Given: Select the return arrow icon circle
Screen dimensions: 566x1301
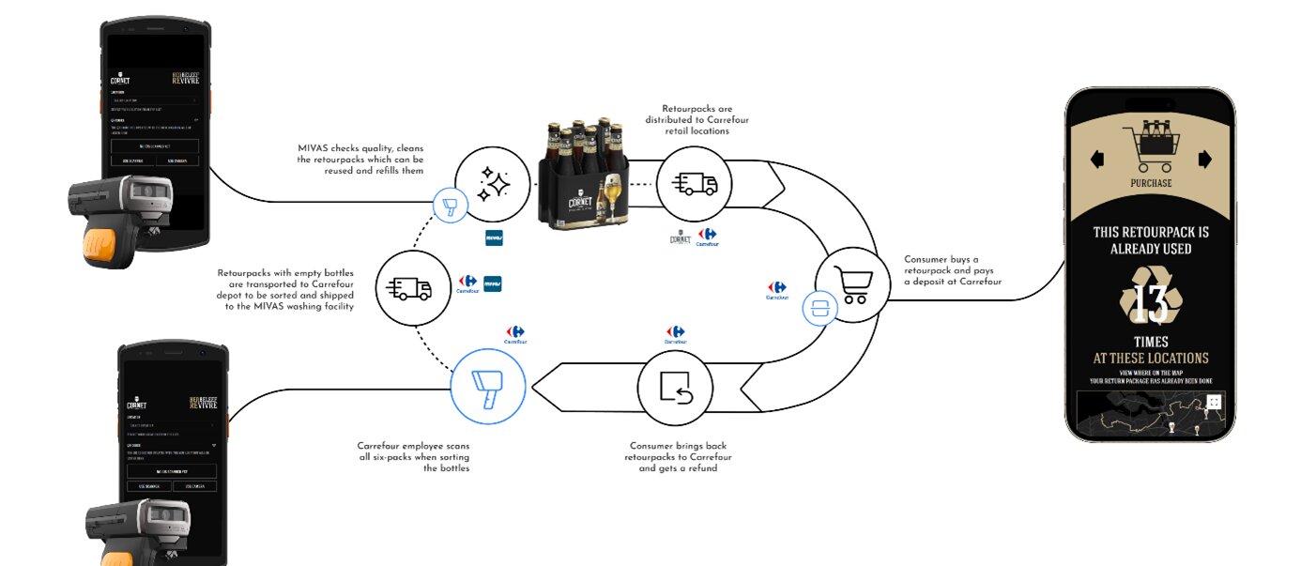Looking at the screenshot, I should pyautogui.click(x=674, y=388).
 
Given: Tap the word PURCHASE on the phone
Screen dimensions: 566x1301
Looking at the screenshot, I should pyautogui.click(x=1150, y=183).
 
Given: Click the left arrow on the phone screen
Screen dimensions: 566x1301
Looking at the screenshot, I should pyautogui.click(x=1096, y=160).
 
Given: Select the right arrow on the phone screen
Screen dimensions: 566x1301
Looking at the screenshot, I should pyautogui.click(x=1205, y=159).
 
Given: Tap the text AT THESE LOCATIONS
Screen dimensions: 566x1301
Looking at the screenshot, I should pyautogui.click(x=1151, y=358).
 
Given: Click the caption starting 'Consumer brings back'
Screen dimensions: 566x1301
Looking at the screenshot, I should pyautogui.click(x=678, y=456).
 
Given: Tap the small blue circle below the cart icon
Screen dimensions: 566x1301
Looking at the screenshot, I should pyautogui.click(x=819, y=307).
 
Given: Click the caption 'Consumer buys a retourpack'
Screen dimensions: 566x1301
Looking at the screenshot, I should pyautogui.click(x=952, y=270).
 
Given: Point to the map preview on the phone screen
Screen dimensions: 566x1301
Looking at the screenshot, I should pyautogui.click(x=1150, y=416).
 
